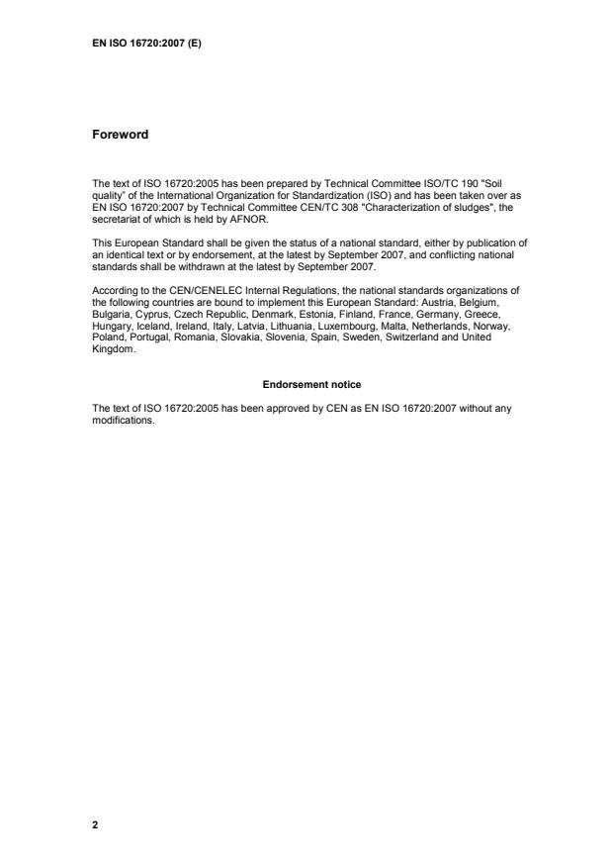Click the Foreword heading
pyautogui.click(x=120, y=135)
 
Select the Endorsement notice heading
pyautogui.click(x=306, y=383)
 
